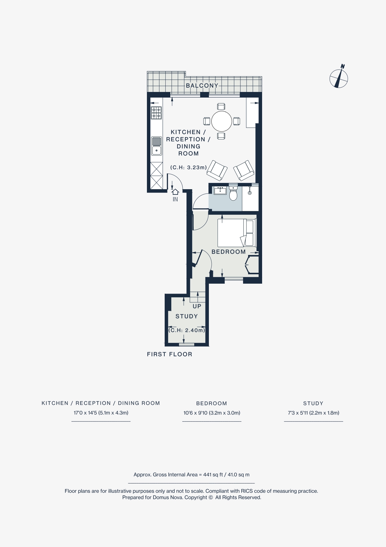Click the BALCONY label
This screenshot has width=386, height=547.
pos(202,86)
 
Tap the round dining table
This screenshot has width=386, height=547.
pos(222,121)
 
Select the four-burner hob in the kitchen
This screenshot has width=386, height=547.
pos(156,113)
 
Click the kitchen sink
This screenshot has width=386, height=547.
pos(157,146)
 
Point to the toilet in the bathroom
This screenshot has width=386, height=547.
pos(233,194)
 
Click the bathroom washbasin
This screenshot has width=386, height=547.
pos(220,190)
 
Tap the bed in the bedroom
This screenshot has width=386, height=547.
pos(236,233)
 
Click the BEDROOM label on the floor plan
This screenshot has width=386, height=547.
pos(228,252)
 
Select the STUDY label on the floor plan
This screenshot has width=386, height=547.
pos(186,316)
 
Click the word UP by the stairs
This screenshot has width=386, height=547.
pos(197,306)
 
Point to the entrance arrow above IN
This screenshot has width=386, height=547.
pos(175,191)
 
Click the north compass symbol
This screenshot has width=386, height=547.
pos(339,78)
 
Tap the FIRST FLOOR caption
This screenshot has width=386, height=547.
pos(170,354)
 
